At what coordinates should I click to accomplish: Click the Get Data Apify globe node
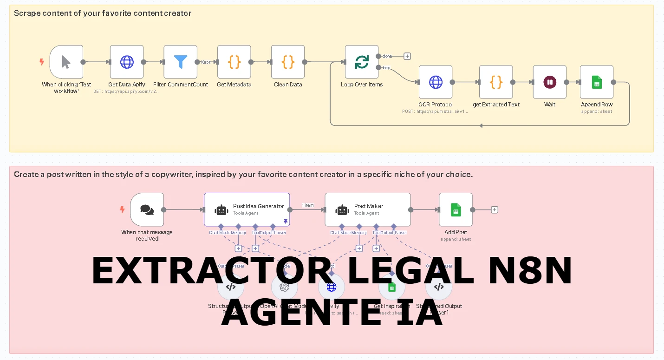(x=127, y=62)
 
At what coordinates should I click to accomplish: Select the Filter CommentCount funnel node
(x=180, y=62)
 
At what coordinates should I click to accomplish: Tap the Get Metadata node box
(x=234, y=62)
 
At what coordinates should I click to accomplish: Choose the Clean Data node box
(x=288, y=62)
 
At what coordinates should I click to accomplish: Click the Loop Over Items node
(x=361, y=62)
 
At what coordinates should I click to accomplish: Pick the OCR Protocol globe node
(x=435, y=82)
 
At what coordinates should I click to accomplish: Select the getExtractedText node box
(x=496, y=82)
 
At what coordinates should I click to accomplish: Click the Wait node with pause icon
(x=549, y=82)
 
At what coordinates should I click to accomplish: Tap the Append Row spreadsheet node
(x=597, y=82)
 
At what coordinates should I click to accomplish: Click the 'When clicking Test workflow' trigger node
(x=66, y=62)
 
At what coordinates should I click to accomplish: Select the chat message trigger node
(x=147, y=210)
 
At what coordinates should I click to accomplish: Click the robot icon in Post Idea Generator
(x=221, y=210)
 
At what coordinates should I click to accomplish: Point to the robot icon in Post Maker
(x=342, y=210)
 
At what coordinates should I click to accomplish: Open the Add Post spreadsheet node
(x=456, y=210)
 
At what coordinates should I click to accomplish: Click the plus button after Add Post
(x=495, y=210)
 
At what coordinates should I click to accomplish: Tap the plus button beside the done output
(x=407, y=56)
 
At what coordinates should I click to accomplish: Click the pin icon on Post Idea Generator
(x=286, y=221)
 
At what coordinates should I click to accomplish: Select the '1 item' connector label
(x=307, y=205)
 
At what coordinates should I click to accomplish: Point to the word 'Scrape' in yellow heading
(x=26, y=13)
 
